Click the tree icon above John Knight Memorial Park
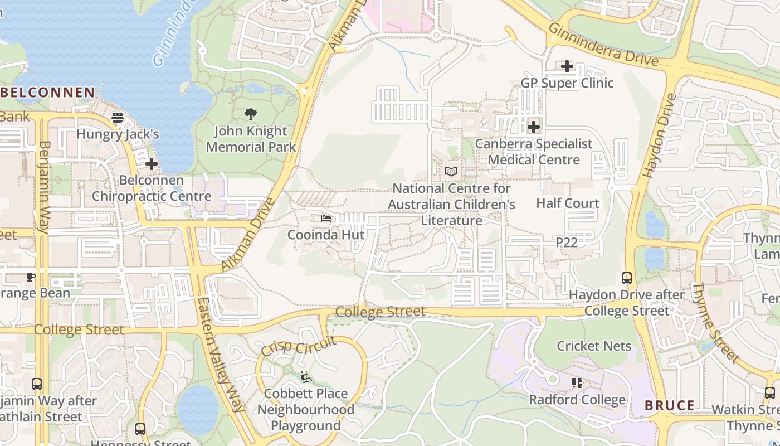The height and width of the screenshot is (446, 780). click(251, 115)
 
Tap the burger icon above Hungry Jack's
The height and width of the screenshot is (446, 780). click(118, 118)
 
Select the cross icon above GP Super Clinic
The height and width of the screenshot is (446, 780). click(567, 66)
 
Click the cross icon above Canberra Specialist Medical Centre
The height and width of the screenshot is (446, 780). click(534, 127)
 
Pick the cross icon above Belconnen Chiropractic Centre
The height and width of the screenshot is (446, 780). click(151, 164)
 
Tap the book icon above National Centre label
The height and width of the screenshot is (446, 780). click(451, 172)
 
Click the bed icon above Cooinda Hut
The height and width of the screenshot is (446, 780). click(326, 219)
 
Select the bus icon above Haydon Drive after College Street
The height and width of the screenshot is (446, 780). click(627, 278)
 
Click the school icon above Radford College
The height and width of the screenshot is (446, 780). click(577, 383)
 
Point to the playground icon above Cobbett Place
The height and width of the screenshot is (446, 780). click(305, 377)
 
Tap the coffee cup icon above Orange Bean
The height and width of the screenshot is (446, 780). click(31, 277)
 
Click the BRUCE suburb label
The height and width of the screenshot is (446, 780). click(670, 405)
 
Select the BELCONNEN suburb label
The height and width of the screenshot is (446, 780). click(48, 93)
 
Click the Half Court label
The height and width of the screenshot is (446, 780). click(568, 203)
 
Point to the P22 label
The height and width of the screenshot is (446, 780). click(567, 243)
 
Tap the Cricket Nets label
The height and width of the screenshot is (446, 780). click(594, 346)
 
